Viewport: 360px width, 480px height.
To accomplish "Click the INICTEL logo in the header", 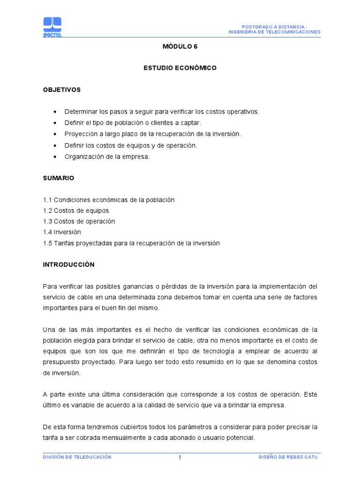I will (52, 27).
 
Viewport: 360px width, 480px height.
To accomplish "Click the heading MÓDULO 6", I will (180, 46).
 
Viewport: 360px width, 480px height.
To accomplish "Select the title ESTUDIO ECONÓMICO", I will (180, 68).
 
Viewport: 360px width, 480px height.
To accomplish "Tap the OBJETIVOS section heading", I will (62, 90).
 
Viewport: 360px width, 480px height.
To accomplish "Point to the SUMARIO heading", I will (59, 179).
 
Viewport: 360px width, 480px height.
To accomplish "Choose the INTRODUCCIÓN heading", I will (68, 265).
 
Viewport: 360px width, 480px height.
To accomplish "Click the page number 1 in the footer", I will (180, 458).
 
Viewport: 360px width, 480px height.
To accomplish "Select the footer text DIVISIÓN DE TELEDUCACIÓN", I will (77, 457).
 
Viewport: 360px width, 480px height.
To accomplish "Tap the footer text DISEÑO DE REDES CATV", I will (288, 457).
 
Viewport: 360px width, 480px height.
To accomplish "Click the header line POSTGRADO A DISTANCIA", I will (274, 27).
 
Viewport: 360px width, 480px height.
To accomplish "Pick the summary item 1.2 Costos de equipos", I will (76, 211).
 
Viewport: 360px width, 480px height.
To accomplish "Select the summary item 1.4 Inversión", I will (62, 232).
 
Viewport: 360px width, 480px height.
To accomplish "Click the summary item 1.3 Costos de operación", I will (79, 221).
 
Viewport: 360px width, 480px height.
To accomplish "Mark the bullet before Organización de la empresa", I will (55, 157).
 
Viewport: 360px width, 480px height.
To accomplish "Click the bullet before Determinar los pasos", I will (55, 112).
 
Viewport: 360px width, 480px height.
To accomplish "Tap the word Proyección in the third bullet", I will (79, 134).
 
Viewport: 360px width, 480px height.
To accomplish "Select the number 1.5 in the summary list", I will (47, 243).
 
